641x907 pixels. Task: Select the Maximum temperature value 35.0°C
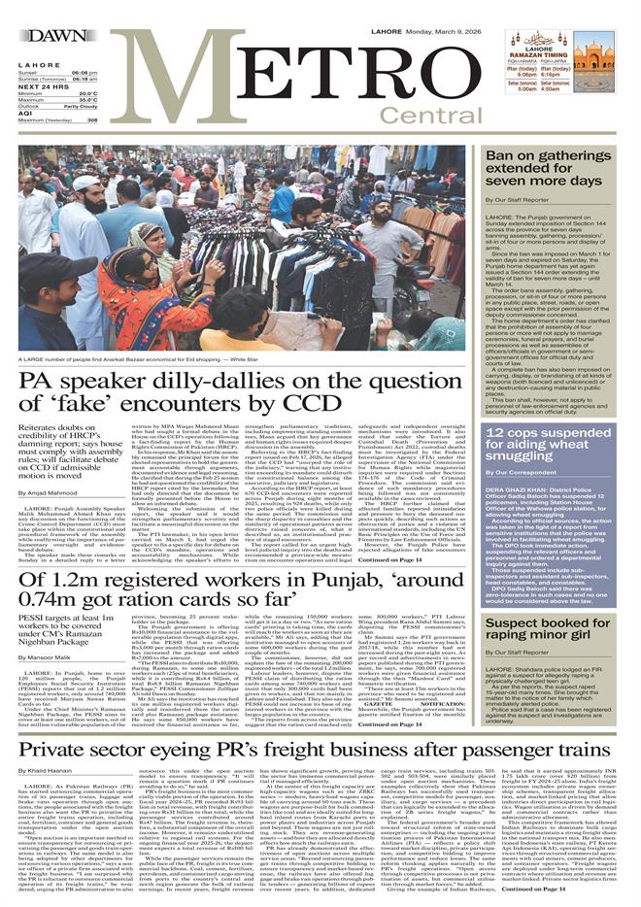[84, 99]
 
